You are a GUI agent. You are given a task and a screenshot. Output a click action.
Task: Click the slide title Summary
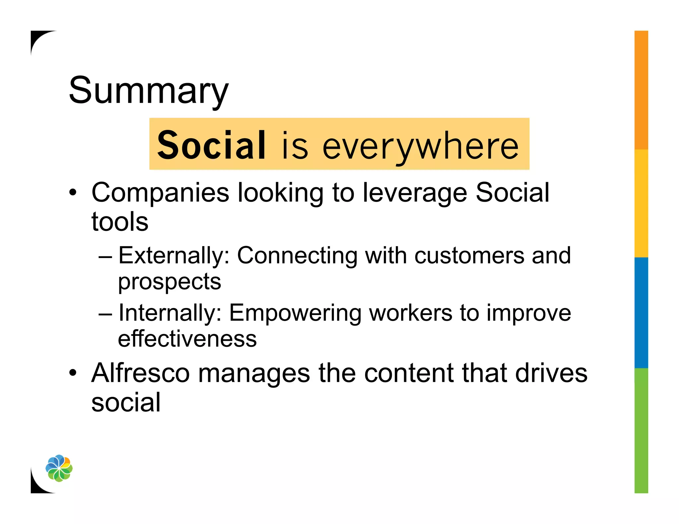149,90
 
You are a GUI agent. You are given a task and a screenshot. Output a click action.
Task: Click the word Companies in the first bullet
160,193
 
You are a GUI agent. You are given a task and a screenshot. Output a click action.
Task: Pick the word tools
120,222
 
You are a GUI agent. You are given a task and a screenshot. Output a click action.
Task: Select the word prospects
169,282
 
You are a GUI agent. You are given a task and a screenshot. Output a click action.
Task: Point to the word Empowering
295,313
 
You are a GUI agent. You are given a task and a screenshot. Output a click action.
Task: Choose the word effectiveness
187,339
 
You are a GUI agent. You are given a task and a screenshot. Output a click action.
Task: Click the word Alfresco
141,373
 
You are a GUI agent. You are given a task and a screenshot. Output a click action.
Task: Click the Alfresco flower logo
59,468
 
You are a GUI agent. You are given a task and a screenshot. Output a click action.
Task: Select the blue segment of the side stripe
641,313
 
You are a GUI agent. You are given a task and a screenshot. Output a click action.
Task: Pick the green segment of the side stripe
641,430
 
